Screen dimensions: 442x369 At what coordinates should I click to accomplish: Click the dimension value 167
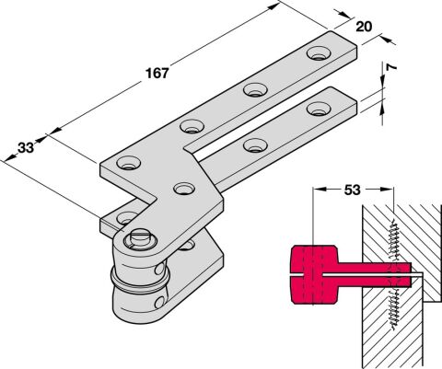pyautogui.click(x=157, y=74)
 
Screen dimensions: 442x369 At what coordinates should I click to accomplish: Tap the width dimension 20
pyautogui.click(x=364, y=27)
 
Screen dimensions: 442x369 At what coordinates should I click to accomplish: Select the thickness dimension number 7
pyautogui.click(x=390, y=67)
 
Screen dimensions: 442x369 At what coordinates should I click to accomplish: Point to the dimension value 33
pyautogui.click(x=26, y=148)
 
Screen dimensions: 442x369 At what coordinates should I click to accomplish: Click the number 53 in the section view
pyautogui.click(x=352, y=190)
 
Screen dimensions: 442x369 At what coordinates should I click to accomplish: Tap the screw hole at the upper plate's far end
pyautogui.click(x=320, y=53)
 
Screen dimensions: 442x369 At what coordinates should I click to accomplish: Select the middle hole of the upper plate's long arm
pyautogui.click(x=255, y=90)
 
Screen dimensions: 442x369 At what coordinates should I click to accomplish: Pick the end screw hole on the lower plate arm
pyautogui.click(x=319, y=109)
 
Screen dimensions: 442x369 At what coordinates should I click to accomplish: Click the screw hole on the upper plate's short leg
pyautogui.click(x=129, y=163)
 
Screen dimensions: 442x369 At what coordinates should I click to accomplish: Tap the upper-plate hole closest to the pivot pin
pyautogui.click(x=184, y=189)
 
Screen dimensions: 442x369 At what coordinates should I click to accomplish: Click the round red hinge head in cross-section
pyautogui.click(x=314, y=274)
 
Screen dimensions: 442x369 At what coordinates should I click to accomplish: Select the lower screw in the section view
pyautogui.click(x=394, y=309)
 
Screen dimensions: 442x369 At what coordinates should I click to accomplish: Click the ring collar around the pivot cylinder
pyautogui.click(x=140, y=280)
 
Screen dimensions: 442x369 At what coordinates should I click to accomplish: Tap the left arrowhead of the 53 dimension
pyautogui.click(x=318, y=190)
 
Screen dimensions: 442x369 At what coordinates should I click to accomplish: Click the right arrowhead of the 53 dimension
pyautogui.click(x=387, y=190)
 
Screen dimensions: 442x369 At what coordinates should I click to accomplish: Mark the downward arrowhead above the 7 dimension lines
pyautogui.click(x=382, y=82)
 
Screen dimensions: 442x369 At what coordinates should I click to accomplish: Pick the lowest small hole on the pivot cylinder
pyautogui.click(x=159, y=303)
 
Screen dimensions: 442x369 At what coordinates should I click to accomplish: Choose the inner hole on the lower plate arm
pyautogui.click(x=255, y=144)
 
